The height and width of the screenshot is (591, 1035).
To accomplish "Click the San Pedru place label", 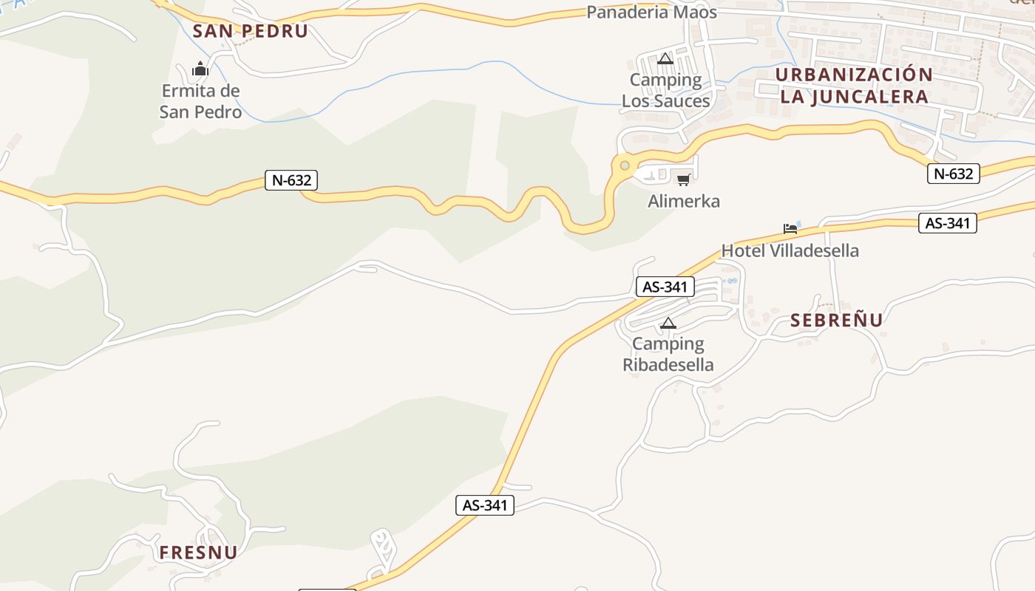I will pos(250,31).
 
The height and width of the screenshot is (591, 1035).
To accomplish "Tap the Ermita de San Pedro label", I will pos(200,101).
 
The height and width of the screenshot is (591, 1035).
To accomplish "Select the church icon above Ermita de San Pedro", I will pos(200,70).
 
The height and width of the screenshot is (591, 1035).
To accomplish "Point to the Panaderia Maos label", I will pos(651,13).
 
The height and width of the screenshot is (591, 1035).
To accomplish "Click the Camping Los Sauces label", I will pos(665,90).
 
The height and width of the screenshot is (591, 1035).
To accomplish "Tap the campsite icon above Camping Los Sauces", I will pos(665,58).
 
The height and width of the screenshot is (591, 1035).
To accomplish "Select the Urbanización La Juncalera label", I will pos(854,86).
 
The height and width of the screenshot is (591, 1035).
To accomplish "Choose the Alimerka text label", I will pos(684,201).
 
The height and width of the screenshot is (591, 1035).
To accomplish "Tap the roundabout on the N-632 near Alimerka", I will pos(625,165).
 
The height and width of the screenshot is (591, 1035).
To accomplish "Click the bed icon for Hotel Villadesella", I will pos(790,228).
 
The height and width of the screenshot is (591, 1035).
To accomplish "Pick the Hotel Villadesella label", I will pos(790,250).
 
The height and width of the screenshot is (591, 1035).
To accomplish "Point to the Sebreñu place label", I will pos(836,320).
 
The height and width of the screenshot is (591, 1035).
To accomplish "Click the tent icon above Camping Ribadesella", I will pos(668,322).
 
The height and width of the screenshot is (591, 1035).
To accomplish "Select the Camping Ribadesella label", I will pos(668,354).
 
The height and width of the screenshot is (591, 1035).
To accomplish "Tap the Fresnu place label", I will pos(198,553).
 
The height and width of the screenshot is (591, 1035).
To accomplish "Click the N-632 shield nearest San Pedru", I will pos(291,180).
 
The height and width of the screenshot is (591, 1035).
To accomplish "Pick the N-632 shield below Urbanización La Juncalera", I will pos(953,174).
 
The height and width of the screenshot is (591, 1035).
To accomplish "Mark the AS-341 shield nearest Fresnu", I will pos(484,505).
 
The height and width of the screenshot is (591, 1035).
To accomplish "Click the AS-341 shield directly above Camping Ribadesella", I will pos(665,287).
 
